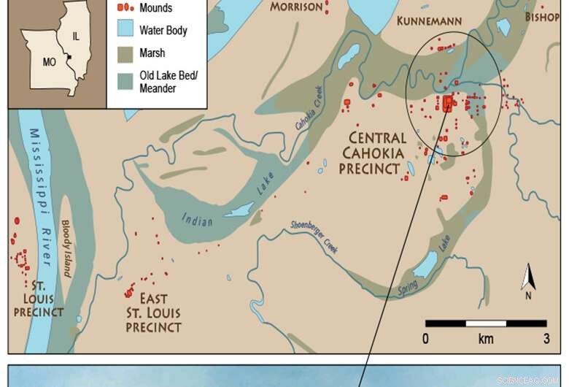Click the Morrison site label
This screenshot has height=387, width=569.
click(296, 7)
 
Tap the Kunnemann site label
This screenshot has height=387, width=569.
click(429, 22)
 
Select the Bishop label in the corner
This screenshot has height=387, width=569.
click(543, 16)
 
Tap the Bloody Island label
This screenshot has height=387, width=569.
click(66, 248)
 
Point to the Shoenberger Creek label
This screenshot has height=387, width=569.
click(320, 238)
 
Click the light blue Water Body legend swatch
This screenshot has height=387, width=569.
click(128, 31)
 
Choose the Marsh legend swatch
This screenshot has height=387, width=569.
click(128, 53)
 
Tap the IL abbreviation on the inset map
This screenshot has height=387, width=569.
click(77, 35)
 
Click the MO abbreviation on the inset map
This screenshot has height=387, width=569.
click(49, 62)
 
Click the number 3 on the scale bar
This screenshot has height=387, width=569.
click(546, 339)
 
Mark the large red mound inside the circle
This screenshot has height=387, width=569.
click(448, 104)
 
